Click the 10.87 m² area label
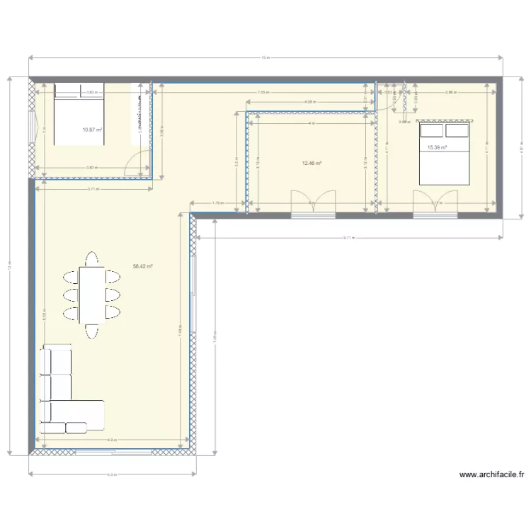92,130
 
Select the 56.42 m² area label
143,267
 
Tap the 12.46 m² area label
312,164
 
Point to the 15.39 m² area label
438,148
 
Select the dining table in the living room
91,292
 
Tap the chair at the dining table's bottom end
91,330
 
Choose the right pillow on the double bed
457,131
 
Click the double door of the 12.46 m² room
313,201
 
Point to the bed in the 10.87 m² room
79,113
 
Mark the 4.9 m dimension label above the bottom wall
112,440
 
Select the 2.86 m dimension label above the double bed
450,93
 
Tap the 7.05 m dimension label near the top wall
262,93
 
